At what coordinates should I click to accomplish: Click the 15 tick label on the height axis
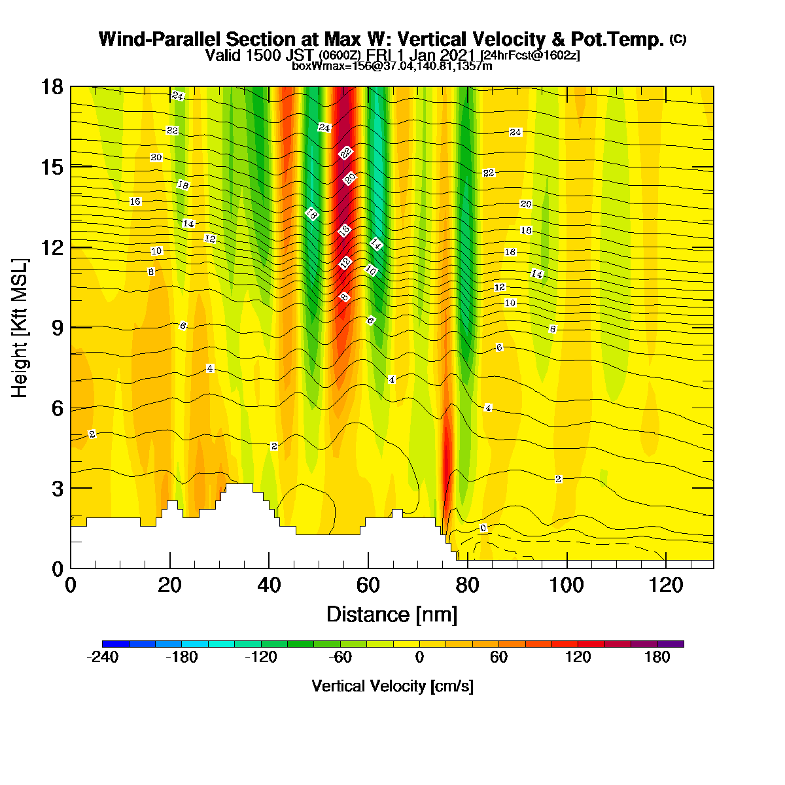click(52, 167)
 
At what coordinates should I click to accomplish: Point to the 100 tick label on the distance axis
click(567, 585)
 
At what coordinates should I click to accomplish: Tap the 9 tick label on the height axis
click(58, 328)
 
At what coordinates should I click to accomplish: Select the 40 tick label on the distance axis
click(269, 585)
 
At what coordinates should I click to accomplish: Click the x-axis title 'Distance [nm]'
click(391, 615)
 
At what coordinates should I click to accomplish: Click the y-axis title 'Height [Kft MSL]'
click(19, 328)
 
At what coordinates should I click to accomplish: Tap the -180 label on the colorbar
click(182, 657)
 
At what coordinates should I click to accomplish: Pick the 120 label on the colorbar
click(578, 657)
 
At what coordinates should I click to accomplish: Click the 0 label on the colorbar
click(419, 657)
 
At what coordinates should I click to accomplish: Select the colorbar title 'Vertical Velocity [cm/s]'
click(392, 686)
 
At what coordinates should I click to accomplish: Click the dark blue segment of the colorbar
click(116, 644)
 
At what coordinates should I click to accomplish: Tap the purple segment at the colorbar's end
click(671, 644)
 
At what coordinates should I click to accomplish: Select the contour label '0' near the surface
click(483, 528)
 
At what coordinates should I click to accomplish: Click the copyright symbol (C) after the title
click(678, 39)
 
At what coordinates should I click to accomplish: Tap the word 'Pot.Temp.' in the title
click(617, 39)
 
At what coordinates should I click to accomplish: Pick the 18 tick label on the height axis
click(52, 87)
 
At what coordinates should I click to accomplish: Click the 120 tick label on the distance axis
click(666, 585)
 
